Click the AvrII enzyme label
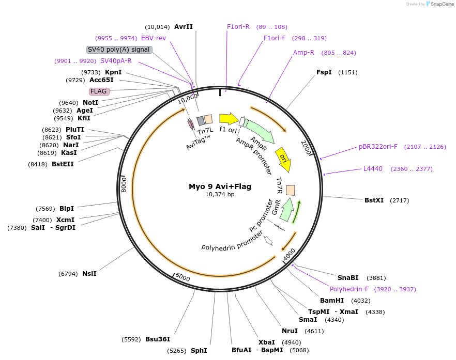click(x=183, y=27)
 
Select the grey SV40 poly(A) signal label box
click(x=119, y=50)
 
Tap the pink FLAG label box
click(x=98, y=91)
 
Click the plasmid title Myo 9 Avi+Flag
click(x=220, y=186)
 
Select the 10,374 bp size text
click(x=220, y=195)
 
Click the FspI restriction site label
click(x=324, y=72)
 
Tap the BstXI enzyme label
click(x=374, y=200)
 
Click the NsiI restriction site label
click(x=89, y=274)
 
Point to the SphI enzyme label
click(x=199, y=351)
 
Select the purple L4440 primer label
click(x=373, y=169)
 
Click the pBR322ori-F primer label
click(x=378, y=147)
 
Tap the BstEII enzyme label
click(x=63, y=164)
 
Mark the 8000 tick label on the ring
click(x=124, y=183)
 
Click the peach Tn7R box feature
click(x=291, y=190)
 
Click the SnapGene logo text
click(x=440, y=4)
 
